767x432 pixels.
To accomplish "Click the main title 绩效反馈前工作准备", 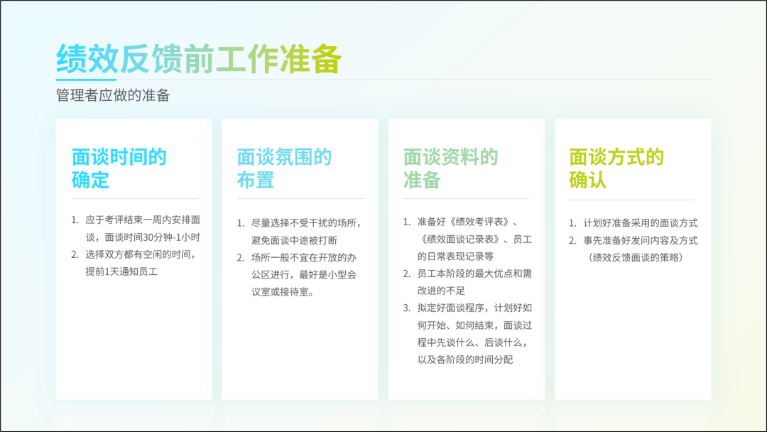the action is (199, 59).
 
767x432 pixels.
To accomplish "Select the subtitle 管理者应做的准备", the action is (113, 95).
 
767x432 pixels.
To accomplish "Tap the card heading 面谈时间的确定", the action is (119, 168).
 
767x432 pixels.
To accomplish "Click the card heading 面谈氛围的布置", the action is (284, 168).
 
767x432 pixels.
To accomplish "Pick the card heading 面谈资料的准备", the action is (450, 168).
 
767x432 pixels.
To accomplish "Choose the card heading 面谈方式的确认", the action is (616, 168).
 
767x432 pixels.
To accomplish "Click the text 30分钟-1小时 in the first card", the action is (172, 237).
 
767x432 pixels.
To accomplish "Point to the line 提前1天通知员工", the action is (122, 271).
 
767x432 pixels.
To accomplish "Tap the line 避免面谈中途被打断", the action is (295, 240).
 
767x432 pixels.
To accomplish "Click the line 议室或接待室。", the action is (283, 292).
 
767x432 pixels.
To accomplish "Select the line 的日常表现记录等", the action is (455, 256).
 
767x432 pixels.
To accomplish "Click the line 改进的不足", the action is (441, 291).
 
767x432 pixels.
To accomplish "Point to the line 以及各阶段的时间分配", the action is (465, 360).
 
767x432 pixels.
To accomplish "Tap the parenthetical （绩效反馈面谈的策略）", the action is (636, 257).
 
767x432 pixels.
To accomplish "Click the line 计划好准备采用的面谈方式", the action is (641, 223).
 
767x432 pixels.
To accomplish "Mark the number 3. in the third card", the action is (406, 308).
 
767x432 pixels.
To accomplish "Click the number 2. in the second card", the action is (241, 258).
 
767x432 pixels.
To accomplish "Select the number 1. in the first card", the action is (75, 220).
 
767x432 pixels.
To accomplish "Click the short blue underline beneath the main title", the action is (86, 80).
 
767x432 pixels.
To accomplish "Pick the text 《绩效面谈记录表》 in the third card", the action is (459, 239).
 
